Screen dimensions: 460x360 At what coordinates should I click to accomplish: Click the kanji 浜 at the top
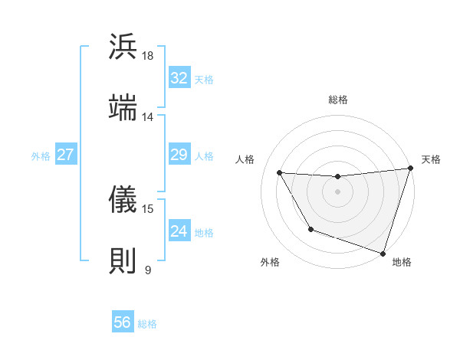[x=123, y=47]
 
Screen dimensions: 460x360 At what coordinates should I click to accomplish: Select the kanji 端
[x=123, y=108]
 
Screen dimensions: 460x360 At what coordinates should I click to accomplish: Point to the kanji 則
[x=123, y=260]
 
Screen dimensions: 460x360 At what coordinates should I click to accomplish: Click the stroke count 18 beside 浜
[x=148, y=56]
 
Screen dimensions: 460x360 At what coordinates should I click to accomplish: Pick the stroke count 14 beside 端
[x=148, y=117]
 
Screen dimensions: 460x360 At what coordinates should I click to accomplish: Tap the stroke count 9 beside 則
[x=148, y=270]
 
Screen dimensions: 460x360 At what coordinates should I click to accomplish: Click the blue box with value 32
[x=179, y=78]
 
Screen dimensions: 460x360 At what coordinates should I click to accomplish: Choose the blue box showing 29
[x=179, y=155]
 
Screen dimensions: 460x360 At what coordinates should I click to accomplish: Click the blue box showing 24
[x=179, y=231]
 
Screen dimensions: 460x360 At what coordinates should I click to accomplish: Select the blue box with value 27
[x=66, y=155]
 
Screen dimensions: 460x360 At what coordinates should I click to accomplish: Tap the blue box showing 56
[x=123, y=322]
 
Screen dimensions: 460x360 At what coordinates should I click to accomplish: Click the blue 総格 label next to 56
[x=147, y=324]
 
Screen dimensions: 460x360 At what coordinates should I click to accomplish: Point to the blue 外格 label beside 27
[x=41, y=156]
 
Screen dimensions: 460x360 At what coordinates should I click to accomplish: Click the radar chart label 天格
[x=431, y=159]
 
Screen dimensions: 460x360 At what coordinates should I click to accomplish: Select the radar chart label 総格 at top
[x=338, y=100]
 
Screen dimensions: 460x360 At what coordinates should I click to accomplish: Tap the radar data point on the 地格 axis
[x=383, y=253]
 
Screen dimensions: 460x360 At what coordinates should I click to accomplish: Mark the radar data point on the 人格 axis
[x=280, y=173]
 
